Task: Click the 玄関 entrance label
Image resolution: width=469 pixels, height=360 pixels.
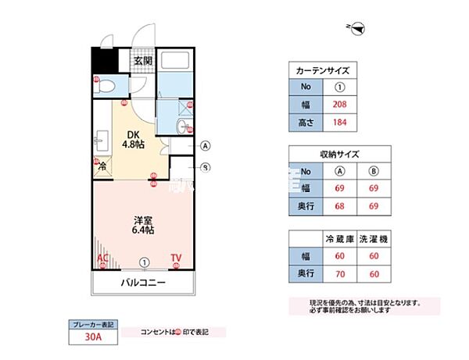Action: point(141,61)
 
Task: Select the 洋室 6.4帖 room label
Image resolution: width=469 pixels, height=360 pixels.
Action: point(141,224)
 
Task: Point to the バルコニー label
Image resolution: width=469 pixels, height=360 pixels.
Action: point(142,283)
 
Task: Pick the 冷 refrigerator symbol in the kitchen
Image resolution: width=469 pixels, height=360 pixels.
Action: point(102,165)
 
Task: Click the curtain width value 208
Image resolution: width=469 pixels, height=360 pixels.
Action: point(339,104)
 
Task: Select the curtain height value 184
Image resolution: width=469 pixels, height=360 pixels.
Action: point(339,122)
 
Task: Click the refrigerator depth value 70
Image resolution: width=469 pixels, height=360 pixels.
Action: point(339,273)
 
